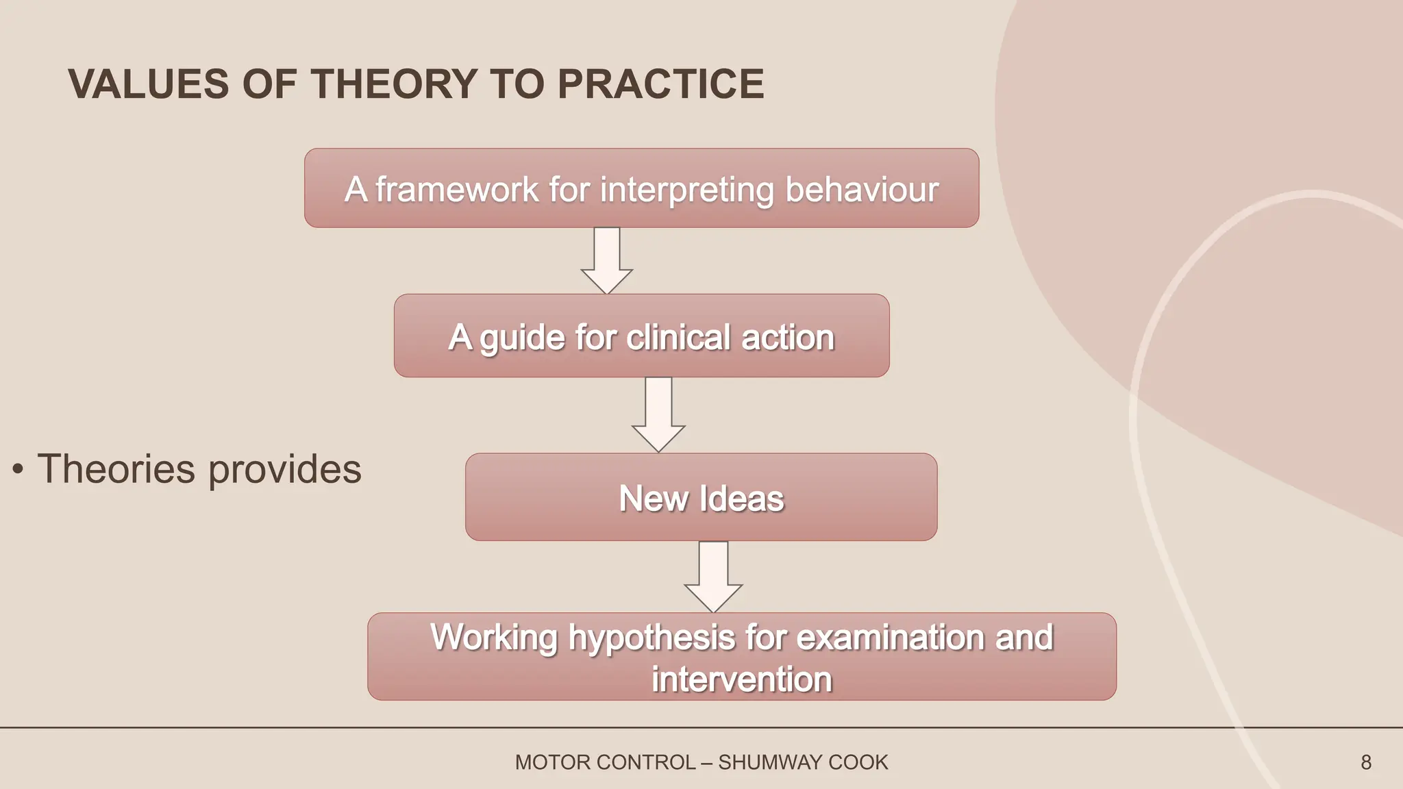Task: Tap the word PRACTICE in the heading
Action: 660,84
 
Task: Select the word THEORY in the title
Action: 395,84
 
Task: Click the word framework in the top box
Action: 457,190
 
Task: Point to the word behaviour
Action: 862,190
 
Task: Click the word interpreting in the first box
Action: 686,190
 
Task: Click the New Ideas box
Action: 701,498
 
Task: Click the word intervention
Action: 742,679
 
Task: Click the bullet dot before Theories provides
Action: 18,470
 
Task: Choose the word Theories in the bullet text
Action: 116,469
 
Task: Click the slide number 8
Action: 1366,762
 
